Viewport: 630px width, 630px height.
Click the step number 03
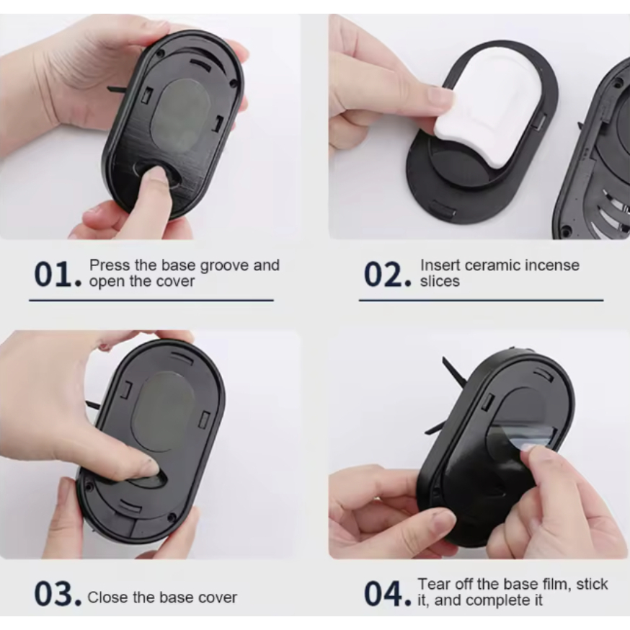[58, 593]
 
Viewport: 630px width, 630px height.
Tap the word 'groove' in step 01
[224, 266]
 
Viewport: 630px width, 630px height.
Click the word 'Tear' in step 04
[433, 584]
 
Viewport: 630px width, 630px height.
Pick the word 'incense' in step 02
[552, 265]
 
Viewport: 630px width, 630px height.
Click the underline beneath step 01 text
[151, 300]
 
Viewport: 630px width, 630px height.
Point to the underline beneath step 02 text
[482, 300]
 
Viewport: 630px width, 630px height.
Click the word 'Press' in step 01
[110, 265]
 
